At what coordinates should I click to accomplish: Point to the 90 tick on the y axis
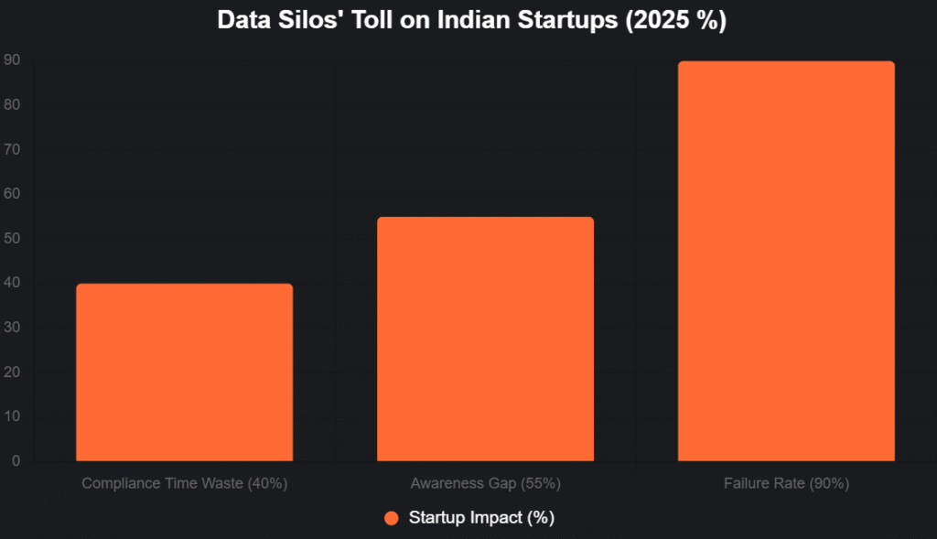click(x=14, y=60)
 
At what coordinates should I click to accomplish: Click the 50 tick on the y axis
click(x=14, y=239)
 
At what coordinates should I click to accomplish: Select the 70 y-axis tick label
click(x=14, y=149)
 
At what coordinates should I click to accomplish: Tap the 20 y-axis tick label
click(x=14, y=372)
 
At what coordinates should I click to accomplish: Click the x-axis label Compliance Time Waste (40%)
click(x=185, y=483)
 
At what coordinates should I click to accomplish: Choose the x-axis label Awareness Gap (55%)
click(x=485, y=483)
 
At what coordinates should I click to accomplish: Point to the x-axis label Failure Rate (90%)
click(x=785, y=483)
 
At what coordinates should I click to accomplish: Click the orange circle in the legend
click(x=392, y=518)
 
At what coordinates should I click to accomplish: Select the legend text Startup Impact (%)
click(x=481, y=518)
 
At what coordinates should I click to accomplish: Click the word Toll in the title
click(x=363, y=21)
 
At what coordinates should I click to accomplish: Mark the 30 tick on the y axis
click(x=14, y=328)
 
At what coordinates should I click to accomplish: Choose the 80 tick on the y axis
click(x=14, y=105)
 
